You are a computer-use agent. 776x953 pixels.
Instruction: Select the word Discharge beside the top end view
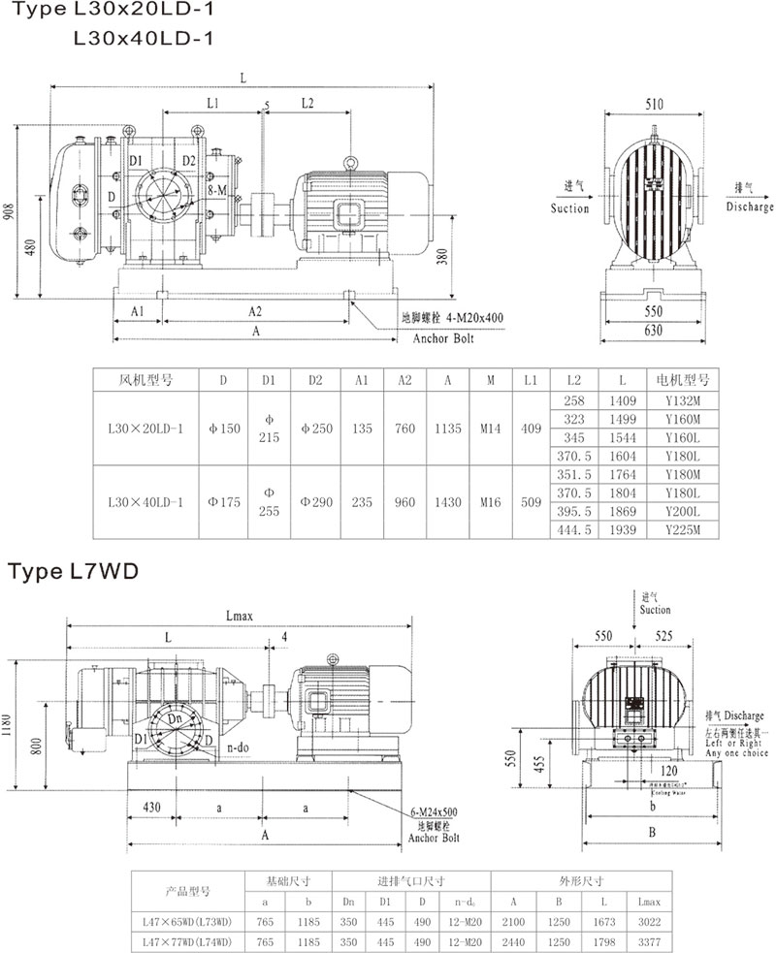pos(749,207)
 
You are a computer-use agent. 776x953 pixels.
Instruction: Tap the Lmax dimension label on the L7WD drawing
pos(239,615)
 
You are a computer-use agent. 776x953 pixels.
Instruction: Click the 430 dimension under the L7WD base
pos(151,806)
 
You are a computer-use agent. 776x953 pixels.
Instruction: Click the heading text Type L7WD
pos(74,571)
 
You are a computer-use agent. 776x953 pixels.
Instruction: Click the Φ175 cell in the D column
pos(222,502)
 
